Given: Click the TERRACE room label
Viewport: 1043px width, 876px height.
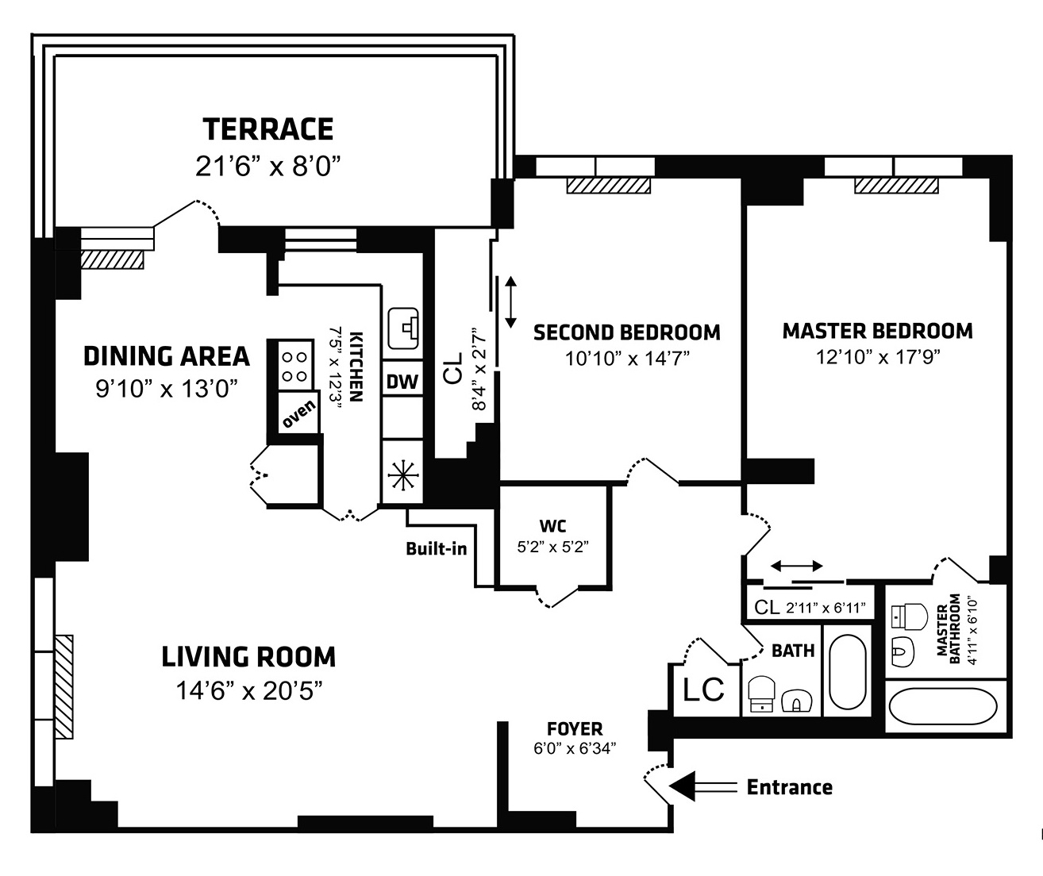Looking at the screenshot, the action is (x=267, y=129).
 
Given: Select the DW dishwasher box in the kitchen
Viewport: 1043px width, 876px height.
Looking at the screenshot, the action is (x=402, y=382).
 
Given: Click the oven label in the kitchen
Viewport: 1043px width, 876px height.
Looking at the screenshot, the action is (x=299, y=414).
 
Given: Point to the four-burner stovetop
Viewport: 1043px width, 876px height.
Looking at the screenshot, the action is (x=294, y=366).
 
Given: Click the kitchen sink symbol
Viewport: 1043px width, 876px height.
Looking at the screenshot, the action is (x=403, y=328).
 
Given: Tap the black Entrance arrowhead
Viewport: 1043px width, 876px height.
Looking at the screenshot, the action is (x=683, y=786).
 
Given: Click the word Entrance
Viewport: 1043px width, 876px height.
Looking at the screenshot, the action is (x=789, y=788).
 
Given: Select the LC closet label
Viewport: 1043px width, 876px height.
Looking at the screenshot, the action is (x=703, y=690).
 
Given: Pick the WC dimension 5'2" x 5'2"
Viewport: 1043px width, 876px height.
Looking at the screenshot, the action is (x=553, y=547).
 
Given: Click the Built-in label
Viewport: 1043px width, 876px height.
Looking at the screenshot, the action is (x=436, y=549).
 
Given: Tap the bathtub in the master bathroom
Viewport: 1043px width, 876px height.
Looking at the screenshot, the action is (x=943, y=706).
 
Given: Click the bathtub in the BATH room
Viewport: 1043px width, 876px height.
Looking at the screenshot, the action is (x=848, y=672).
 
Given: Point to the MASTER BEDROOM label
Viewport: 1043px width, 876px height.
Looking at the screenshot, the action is (x=878, y=331).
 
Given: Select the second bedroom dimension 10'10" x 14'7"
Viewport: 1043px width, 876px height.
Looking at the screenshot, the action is (x=627, y=359).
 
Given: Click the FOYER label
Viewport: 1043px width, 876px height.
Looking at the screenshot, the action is (x=575, y=729).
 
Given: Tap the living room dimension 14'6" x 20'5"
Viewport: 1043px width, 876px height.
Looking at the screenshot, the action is (x=248, y=691).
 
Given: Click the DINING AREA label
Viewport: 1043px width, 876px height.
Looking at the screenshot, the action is (x=167, y=356).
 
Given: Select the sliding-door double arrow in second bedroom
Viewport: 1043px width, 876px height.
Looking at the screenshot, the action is (x=510, y=302).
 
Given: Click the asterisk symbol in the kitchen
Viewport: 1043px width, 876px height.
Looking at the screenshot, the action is (x=402, y=474).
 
